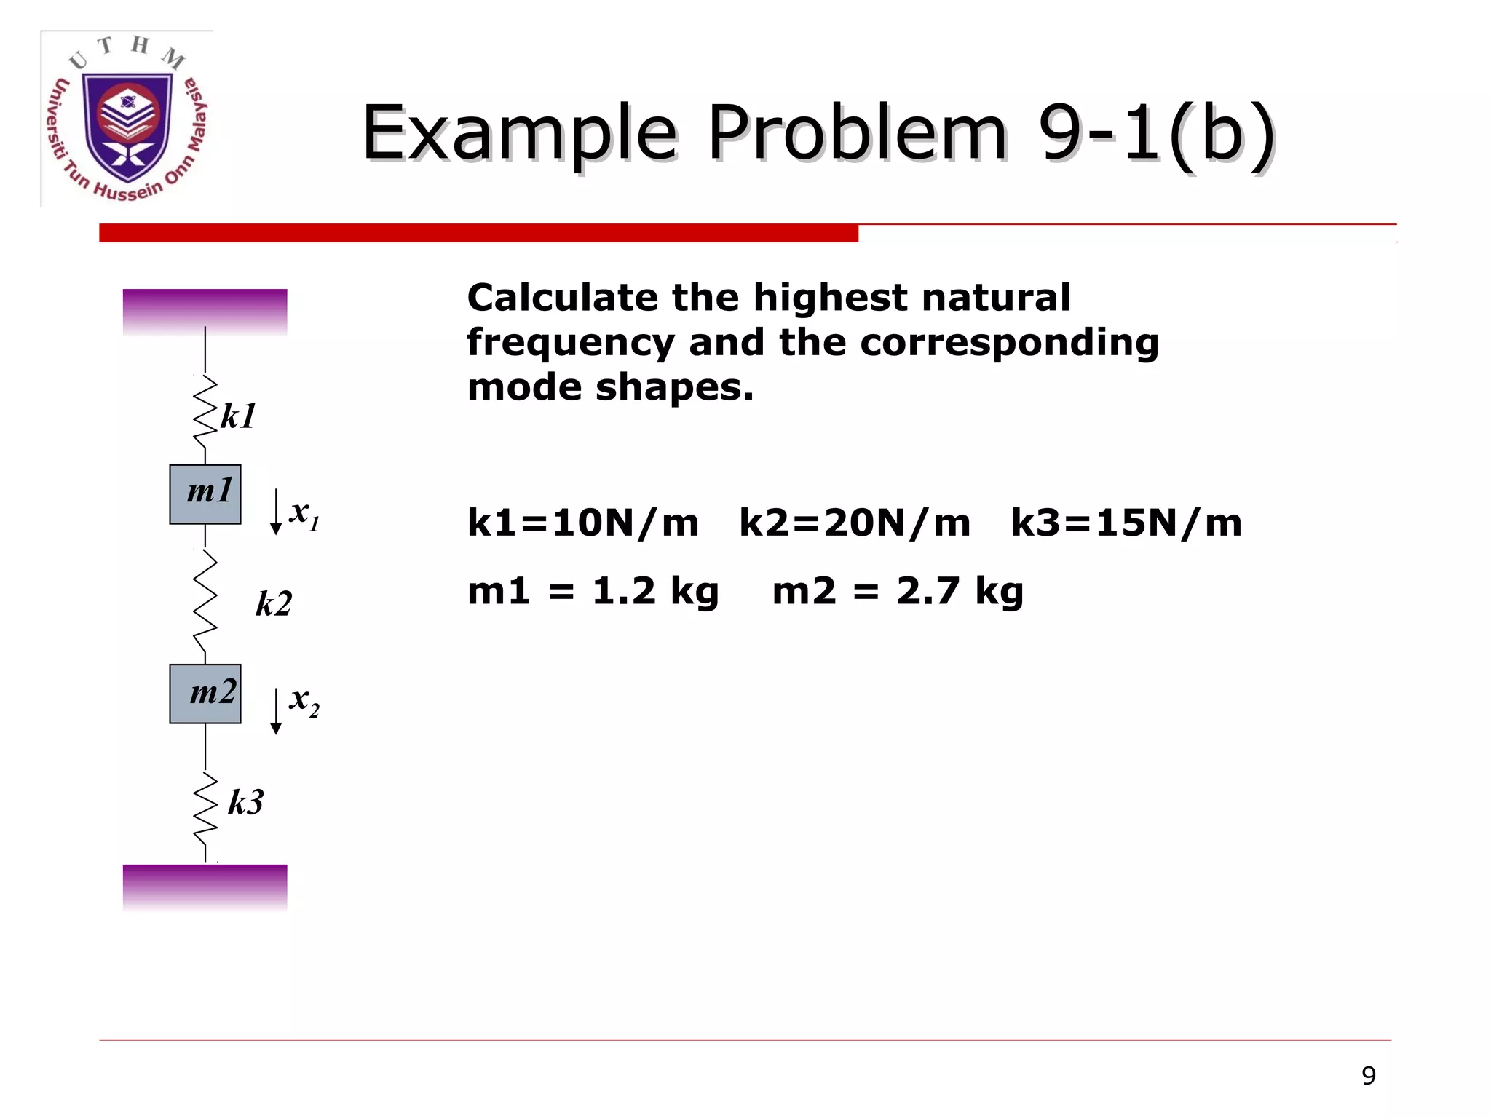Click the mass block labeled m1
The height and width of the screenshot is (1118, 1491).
click(x=205, y=494)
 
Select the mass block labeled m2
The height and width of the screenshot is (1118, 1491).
click(x=205, y=694)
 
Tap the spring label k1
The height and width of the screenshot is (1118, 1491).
click(x=238, y=416)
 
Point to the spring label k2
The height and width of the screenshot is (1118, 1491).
click(x=274, y=603)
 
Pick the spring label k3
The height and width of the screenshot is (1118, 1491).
click(x=245, y=802)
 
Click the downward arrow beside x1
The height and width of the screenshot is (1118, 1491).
click(x=276, y=512)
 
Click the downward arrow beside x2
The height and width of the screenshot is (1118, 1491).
click(x=276, y=712)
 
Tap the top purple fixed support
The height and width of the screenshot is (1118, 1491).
click(x=205, y=312)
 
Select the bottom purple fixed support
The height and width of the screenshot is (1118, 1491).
click(x=205, y=887)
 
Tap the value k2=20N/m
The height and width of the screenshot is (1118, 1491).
click(x=855, y=523)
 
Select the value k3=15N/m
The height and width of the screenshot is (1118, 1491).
click(x=1126, y=523)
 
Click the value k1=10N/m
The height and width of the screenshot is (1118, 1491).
click(x=582, y=523)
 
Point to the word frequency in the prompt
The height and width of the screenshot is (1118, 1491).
click(x=571, y=343)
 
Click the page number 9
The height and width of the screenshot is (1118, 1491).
click(x=1369, y=1076)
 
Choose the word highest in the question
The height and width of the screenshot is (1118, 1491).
click(x=829, y=298)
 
